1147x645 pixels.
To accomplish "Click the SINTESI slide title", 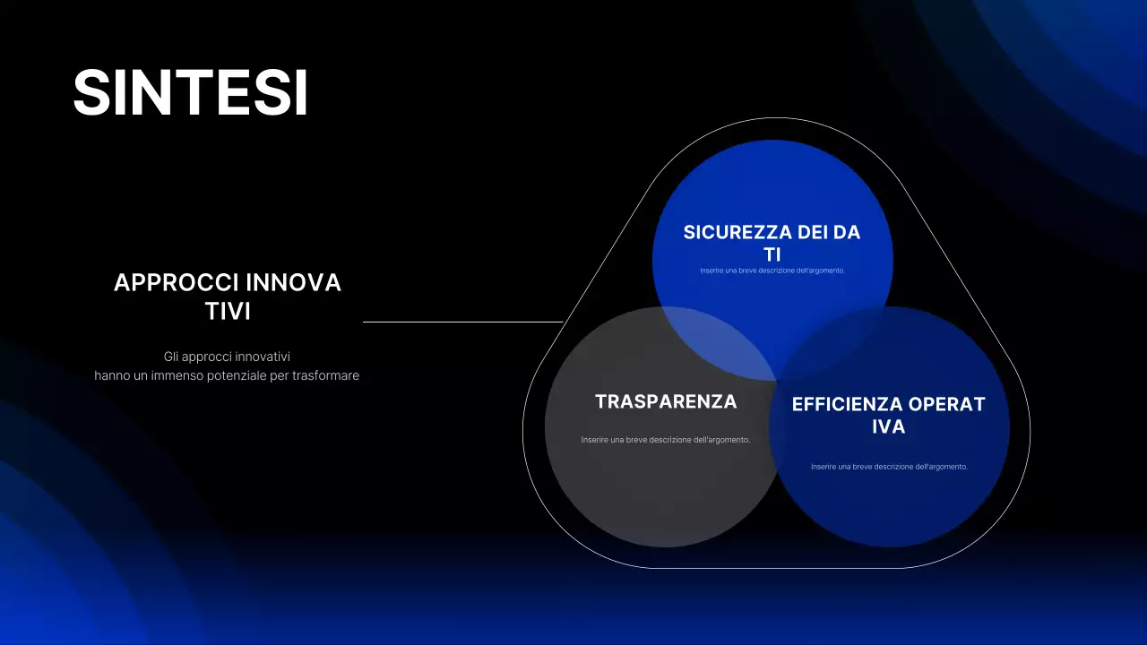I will tap(190, 92).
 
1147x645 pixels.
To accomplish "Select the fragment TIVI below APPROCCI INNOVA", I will tap(228, 312).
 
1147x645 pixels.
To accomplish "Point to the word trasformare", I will tap(326, 375).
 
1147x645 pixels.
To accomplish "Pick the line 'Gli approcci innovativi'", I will tap(227, 357).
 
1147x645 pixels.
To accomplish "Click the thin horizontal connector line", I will tap(462, 322).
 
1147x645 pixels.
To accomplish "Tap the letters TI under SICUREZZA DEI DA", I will tap(772, 254).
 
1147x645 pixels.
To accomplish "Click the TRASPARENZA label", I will tap(666, 402).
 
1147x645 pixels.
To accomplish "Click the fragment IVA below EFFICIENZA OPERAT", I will tap(889, 427).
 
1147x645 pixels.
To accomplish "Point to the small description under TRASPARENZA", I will tap(665, 440).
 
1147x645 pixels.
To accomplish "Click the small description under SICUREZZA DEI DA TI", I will tap(772, 271).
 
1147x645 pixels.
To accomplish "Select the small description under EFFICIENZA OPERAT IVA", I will tap(889, 467).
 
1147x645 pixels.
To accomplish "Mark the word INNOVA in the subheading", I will tap(294, 283).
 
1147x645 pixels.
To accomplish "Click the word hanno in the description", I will tap(111, 375).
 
